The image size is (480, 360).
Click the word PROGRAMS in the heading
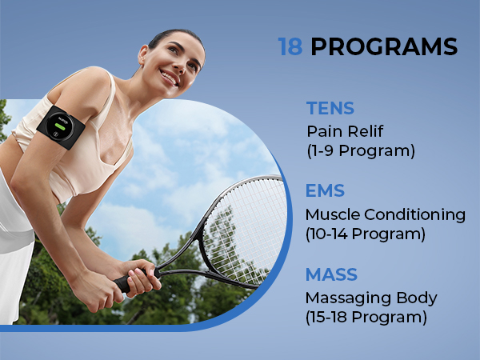(384, 47)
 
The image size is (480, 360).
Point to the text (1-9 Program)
(361, 150)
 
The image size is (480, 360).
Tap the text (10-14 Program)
(367, 234)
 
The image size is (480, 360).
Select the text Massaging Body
(370, 298)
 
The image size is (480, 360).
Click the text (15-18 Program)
(367, 317)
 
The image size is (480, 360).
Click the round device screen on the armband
(60, 125)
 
